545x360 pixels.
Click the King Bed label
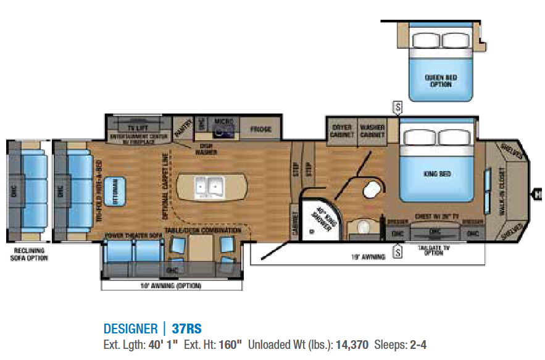tap(437, 174)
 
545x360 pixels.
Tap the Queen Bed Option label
tap(441, 80)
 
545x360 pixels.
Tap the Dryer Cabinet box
tap(341, 131)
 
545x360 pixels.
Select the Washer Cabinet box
tap(372, 131)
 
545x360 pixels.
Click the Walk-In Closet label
tap(510, 186)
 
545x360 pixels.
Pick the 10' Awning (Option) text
tap(172, 286)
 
